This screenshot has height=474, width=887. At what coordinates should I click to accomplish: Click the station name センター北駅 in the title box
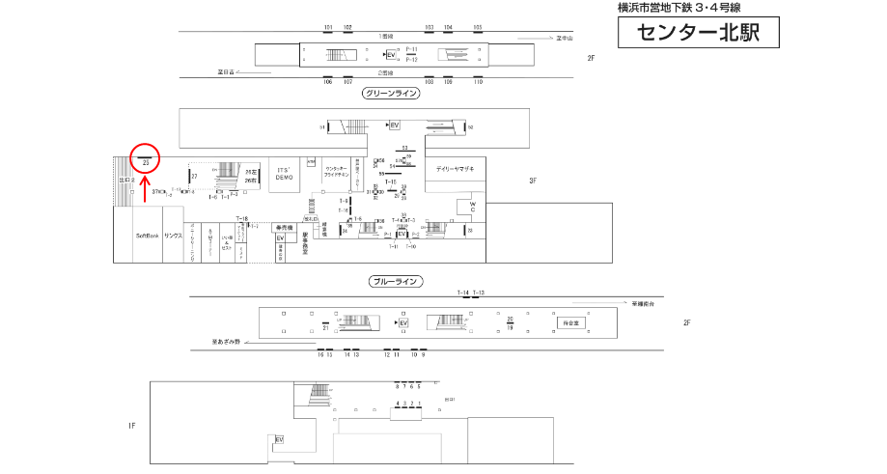[697, 34]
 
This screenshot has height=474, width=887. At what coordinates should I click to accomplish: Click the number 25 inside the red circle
[145, 163]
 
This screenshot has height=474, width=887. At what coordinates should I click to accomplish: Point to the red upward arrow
[145, 188]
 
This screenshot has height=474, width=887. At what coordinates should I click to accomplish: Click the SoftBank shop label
[147, 236]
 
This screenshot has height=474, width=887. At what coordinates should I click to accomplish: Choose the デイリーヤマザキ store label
[455, 169]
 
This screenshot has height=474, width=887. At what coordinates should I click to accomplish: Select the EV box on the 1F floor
[280, 439]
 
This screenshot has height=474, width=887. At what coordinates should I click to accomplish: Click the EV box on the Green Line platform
[391, 54]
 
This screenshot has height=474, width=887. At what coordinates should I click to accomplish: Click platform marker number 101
[328, 27]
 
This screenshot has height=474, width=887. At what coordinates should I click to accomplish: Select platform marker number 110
[477, 82]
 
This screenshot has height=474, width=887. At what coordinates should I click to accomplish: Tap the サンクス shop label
[173, 236]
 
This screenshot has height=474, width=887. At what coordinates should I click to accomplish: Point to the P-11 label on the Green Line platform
[411, 48]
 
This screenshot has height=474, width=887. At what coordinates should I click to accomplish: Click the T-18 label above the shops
[242, 218]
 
